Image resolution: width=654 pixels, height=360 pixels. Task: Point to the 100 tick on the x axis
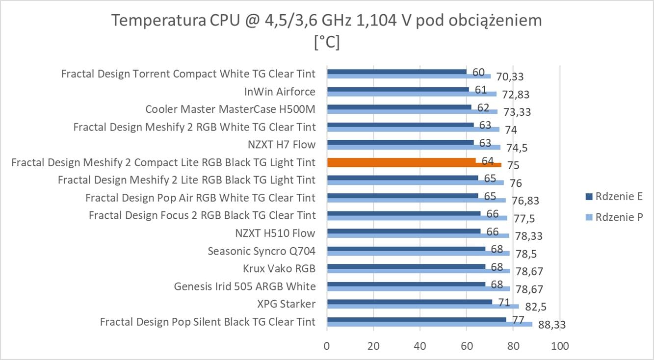559,346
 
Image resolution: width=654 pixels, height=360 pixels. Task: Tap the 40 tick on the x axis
420,346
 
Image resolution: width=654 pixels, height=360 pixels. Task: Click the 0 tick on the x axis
327,346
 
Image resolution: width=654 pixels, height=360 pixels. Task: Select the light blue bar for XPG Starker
422,307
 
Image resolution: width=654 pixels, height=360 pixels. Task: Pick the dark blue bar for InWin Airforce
397,89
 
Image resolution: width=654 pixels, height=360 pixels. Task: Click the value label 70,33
510,77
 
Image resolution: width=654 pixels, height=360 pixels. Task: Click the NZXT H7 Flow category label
282,145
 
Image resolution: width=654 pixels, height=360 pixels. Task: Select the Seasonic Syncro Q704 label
261,251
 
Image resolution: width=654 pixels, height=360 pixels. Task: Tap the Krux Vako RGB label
279,269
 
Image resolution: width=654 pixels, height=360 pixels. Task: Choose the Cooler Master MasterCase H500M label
230,109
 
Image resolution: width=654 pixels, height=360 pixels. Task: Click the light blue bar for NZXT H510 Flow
417,235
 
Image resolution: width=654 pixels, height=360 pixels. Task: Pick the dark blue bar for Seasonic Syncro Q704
405,249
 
